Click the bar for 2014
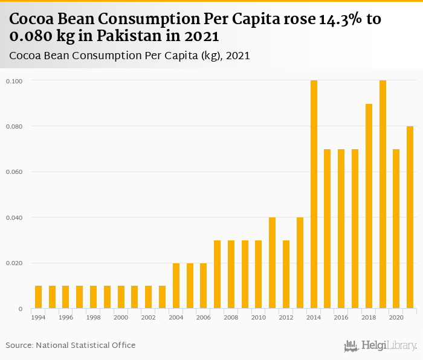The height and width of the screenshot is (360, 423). coord(314,194)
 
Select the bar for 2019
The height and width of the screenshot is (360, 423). coord(383,194)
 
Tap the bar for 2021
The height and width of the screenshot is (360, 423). coord(410,217)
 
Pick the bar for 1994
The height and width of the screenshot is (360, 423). coord(39,297)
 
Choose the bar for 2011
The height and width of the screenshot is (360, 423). coord(272,263)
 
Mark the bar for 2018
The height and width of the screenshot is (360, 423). coord(369,206)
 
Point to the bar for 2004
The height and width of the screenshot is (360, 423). coord(176,286)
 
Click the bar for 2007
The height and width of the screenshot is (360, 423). coord(217,274)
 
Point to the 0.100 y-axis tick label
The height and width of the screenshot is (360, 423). coord(14,81)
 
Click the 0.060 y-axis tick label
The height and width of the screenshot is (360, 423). coord(14,172)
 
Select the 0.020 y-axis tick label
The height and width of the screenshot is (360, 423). coord(14,263)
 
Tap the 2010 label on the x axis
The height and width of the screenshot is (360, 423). coord(259,317)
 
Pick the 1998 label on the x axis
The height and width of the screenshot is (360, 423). coord(93,317)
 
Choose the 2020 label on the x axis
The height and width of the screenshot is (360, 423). coord(396,317)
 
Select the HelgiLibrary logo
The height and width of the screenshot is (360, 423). coord(381,346)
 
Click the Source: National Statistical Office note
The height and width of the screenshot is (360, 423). coord(71,346)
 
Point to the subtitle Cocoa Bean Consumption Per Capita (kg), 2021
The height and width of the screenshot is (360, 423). coord(130,56)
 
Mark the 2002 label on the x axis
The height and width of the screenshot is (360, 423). coord(148,317)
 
